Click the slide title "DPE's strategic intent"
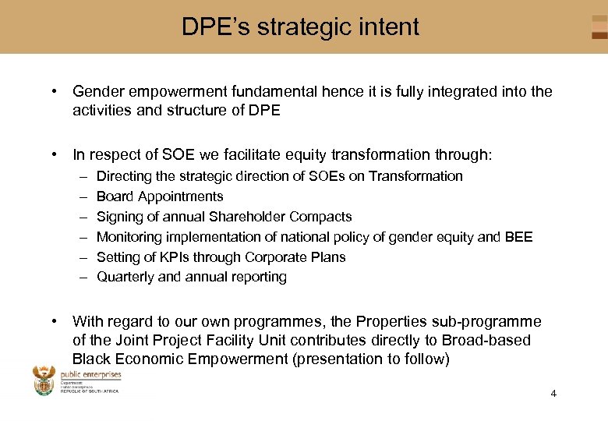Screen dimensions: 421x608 (x=300, y=27)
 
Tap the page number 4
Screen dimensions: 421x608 (x=553, y=393)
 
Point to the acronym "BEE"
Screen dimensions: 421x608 (x=518, y=237)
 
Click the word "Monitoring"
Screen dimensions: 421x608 (x=128, y=237)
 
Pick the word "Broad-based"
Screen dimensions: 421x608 (x=493, y=341)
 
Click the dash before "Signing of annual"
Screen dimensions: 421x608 (x=82, y=217)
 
